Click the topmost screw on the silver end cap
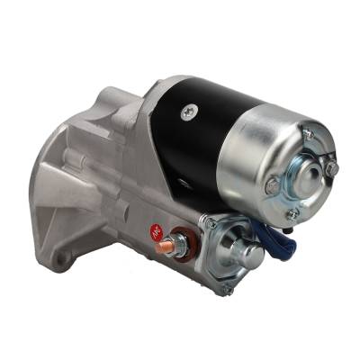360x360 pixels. (307, 134)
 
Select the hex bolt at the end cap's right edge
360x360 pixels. (331, 168)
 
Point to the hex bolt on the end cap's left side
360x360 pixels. (272, 187)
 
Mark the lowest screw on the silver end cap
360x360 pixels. (292, 214)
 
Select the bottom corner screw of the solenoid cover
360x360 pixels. (227, 289)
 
